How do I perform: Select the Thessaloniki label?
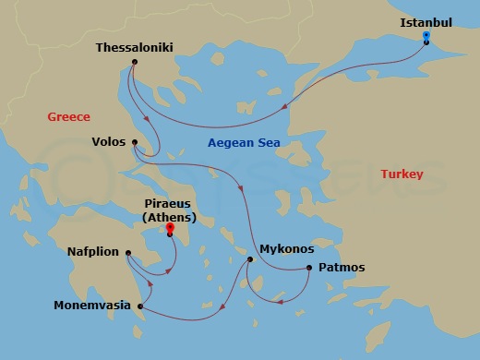(x=135, y=47)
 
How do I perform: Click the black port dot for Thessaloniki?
(x=135, y=63)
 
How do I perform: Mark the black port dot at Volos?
(x=135, y=142)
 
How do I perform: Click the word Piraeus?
(x=169, y=204)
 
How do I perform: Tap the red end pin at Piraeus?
(x=170, y=228)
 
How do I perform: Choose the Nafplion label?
(x=94, y=251)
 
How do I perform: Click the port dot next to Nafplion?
(x=128, y=252)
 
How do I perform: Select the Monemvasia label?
(x=91, y=306)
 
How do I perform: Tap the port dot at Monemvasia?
(x=139, y=306)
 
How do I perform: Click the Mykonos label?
(x=287, y=249)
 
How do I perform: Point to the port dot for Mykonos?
(x=249, y=259)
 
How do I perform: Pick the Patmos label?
(x=341, y=268)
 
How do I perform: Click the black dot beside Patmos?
(x=308, y=269)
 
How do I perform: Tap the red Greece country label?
(x=69, y=116)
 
